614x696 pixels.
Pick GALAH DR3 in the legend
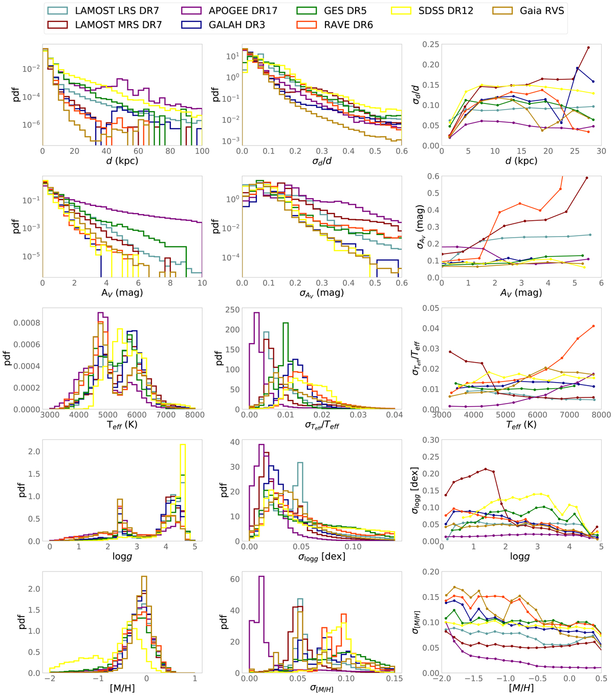(x=235, y=25)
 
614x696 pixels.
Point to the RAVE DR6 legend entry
(x=348, y=25)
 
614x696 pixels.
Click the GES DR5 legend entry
(x=348, y=10)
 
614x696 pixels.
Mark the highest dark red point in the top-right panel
(x=588, y=48)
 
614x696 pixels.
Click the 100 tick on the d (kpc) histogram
(x=202, y=152)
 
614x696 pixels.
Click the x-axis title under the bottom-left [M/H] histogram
(x=122, y=688)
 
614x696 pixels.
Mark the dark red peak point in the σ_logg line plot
(x=486, y=469)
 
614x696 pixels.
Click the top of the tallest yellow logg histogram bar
(x=183, y=445)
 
